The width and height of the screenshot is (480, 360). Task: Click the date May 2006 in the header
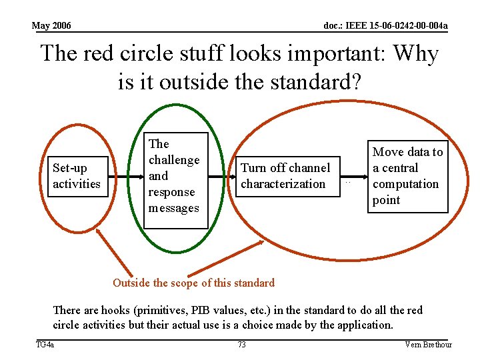tap(51, 26)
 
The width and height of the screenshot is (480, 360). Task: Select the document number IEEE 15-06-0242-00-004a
tap(385, 26)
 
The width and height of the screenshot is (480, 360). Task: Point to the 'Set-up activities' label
tap(76, 176)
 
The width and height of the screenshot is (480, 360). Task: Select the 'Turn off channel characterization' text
tap(285, 176)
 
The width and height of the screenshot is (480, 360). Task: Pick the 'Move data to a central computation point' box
tap(407, 176)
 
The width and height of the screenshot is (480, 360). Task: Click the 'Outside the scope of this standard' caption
tap(193, 283)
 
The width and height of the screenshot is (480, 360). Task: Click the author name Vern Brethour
tap(428, 345)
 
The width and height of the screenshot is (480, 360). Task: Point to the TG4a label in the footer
tap(45, 345)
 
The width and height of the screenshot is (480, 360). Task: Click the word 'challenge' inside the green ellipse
tap(174, 160)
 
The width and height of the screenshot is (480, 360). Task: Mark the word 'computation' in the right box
tap(405, 184)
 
